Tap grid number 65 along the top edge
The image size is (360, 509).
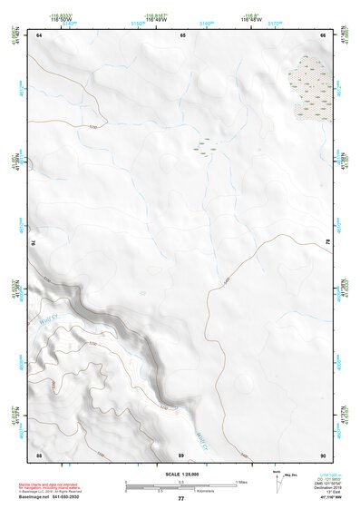click(182, 34)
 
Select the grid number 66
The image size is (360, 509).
click(323, 34)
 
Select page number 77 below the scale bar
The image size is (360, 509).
click(180, 498)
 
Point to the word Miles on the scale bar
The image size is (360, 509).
click(242, 481)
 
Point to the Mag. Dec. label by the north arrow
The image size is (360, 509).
click(290, 475)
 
